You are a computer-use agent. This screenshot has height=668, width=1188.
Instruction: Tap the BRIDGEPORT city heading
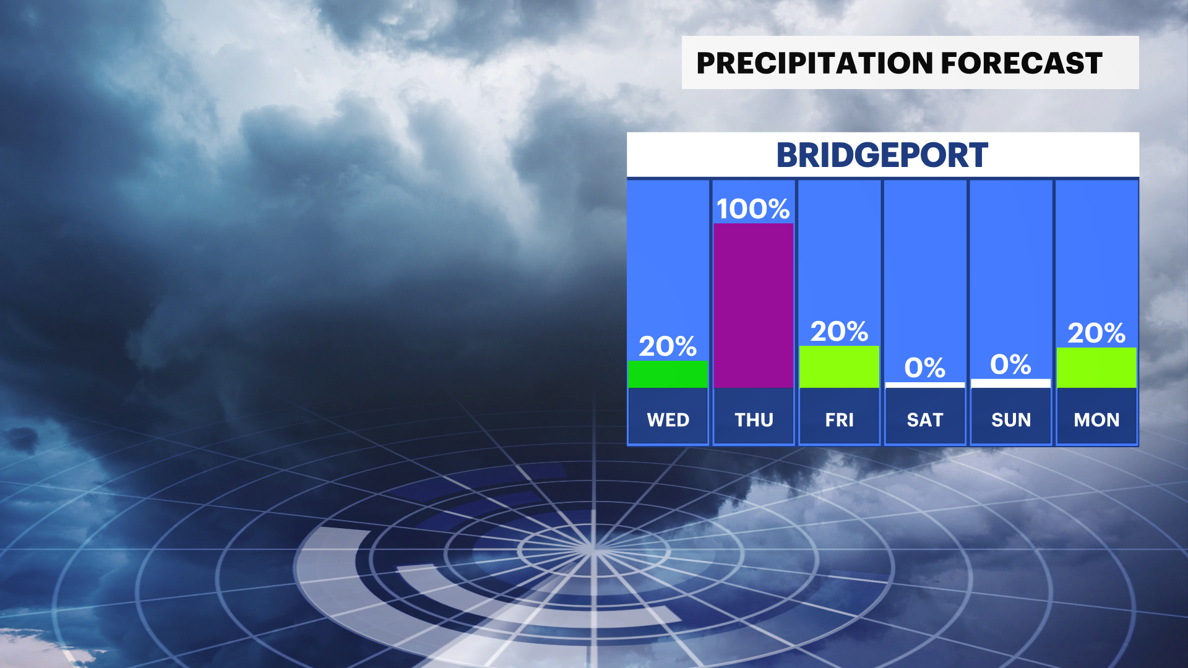coord(882,155)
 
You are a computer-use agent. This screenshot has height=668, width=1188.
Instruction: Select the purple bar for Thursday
coord(754,306)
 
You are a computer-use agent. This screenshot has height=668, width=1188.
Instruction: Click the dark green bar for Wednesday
coord(668,374)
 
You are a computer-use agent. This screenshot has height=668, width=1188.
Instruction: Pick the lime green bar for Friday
coord(839,367)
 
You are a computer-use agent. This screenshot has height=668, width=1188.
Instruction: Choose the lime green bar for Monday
coord(1096,368)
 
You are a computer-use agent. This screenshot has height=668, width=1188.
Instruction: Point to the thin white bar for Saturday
coord(925,385)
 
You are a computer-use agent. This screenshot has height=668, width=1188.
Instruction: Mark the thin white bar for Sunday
coord(1011,383)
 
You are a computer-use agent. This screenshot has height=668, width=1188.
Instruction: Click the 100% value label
coord(754,209)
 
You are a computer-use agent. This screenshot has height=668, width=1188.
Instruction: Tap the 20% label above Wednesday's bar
coord(668,346)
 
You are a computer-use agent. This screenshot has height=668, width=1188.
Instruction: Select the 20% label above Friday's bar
coord(839,332)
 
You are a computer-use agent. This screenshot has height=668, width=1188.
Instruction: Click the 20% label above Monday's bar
coord(1096,333)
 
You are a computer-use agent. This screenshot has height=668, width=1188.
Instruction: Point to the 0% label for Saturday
coord(925,368)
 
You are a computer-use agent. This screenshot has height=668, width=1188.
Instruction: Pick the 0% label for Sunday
coord(1011,364)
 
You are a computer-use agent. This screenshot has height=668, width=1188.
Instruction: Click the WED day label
coord(668,420)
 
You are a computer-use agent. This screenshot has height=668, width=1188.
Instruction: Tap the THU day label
coord(754,420)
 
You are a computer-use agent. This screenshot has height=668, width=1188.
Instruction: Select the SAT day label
coord(925,420)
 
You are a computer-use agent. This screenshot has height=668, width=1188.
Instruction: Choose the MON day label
coord(1096,420)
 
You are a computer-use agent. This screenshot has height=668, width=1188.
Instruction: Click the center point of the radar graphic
coord(593,549)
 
